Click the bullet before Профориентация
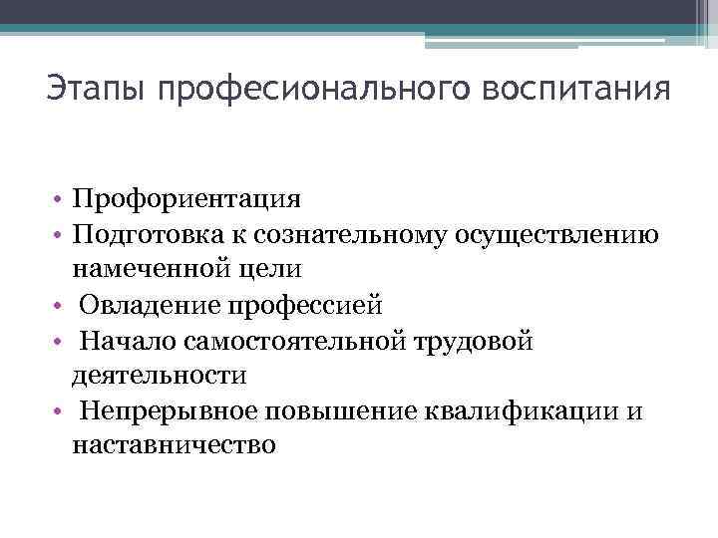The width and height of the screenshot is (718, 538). pyautogui.click(x=61, y=198)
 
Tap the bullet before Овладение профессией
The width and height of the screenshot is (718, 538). pyautogui.click(x=61, y=304)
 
